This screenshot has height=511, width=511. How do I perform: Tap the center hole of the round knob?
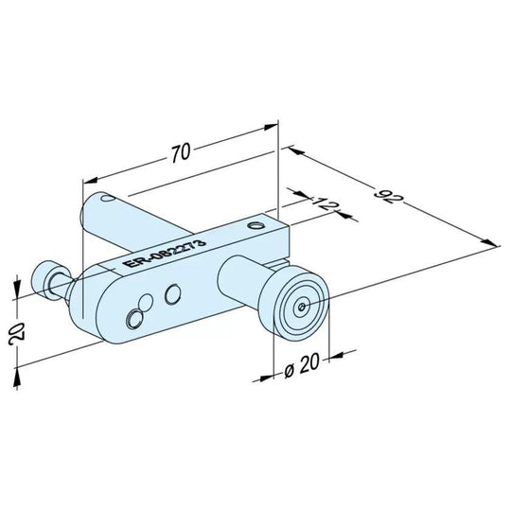[301, 306]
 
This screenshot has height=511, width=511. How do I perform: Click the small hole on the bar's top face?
[254, 225]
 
